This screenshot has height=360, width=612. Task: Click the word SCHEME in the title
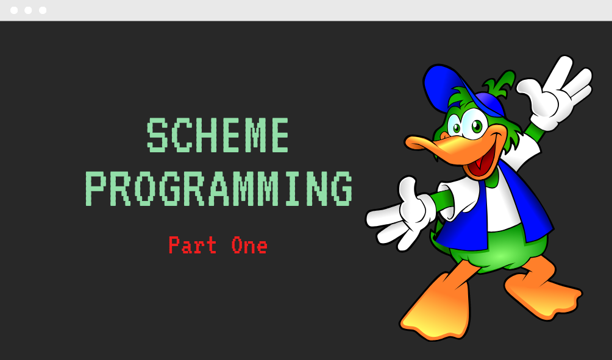click(218, 135)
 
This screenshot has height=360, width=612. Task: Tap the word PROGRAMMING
click(219, 188)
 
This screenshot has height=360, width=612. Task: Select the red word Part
click(193, 244)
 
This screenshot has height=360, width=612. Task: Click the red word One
click(249, 245)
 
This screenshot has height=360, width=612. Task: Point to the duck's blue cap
click(449, 88)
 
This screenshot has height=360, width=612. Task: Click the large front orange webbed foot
click(437, 308)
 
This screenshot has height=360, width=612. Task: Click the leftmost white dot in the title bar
click(13, 10)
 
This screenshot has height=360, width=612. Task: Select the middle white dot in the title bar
click(28, 10)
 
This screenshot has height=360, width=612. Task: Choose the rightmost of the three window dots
click(43, 10)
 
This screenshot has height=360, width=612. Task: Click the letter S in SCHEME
click(157, 135)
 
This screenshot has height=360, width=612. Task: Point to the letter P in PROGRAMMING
click(96, 188)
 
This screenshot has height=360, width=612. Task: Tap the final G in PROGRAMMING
click(343, 188)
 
